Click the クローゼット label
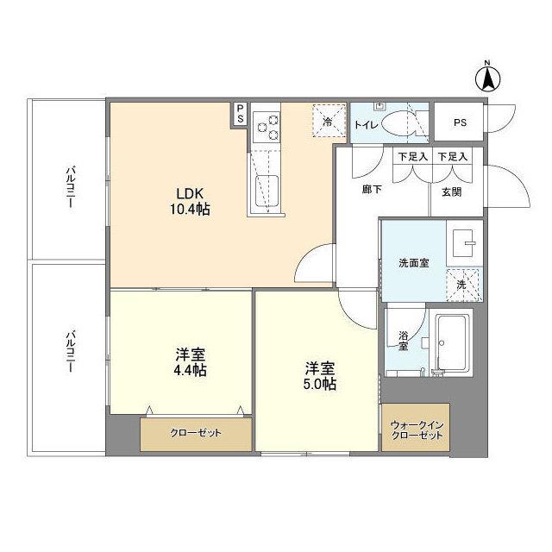(196, 433)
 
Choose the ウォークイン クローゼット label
(417, 430)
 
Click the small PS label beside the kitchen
(240, 113)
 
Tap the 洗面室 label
(412, 262)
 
